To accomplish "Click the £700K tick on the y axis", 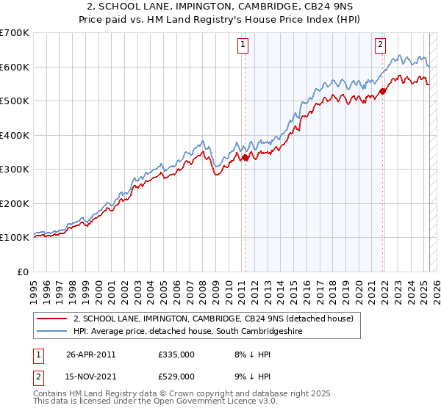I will tap(15, 33).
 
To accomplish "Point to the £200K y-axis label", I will tap(15, 203).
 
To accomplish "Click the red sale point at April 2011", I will tap(245, 157).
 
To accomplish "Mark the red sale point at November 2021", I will tap(383, 92).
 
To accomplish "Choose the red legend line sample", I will tap(53, 319).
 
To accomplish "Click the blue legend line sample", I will tap(53, 332).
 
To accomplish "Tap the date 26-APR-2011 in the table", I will tap(90, 354).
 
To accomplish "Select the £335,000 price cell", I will tap(176, 354).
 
